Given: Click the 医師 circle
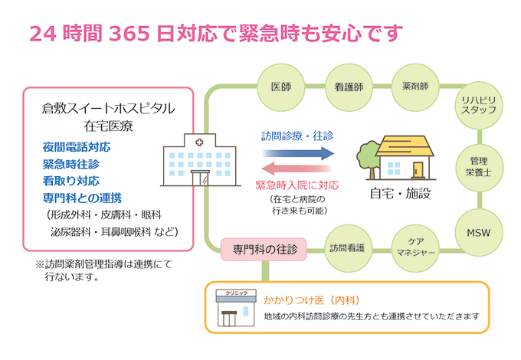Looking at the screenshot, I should (x=281, y=86).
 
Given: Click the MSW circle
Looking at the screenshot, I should (x=480, y=231).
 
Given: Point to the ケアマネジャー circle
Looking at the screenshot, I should (x=415, y=247).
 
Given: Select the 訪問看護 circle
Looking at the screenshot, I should (x=348, y=247).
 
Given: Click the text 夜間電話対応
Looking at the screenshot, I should (x=77, y=147).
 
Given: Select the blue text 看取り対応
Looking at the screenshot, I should (x=71, y=182).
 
